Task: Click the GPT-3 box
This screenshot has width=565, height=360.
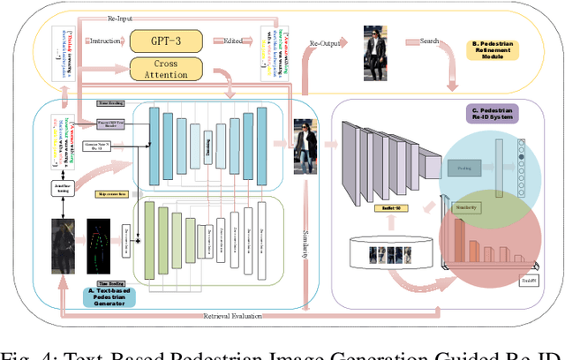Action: coord(166,41)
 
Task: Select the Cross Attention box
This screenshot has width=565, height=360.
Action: coord(166,70)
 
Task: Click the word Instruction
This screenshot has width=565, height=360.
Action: coord(106,41)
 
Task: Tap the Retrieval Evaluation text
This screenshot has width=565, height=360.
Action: coord(234,316)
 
